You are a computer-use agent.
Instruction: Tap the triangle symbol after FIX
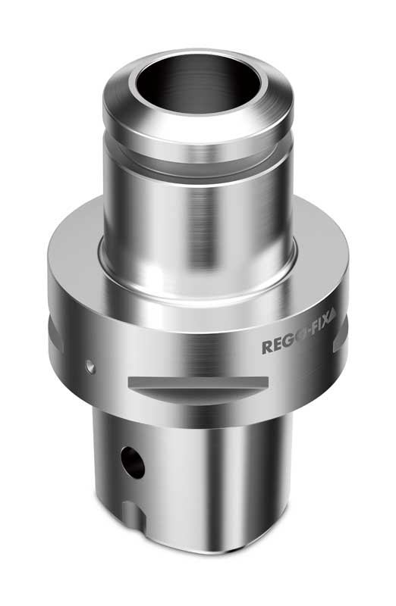(333, 340)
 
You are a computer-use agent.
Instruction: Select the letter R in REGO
(266, 348)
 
